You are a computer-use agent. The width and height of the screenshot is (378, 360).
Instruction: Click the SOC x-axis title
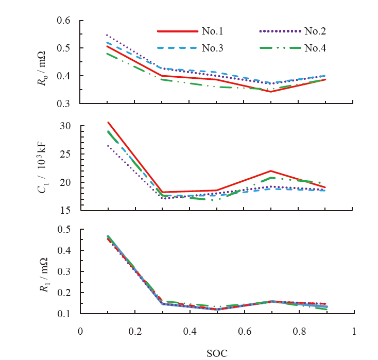coord(217,352)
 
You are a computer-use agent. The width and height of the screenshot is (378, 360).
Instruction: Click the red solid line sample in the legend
coord(177,31)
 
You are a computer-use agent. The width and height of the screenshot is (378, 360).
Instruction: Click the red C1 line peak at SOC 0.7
coord(271,171)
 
